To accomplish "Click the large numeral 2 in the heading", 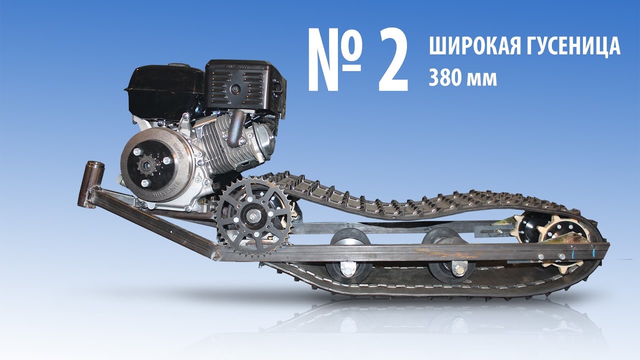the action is (393, 59).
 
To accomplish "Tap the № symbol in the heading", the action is (335, 59).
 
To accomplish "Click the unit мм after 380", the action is (481, 79).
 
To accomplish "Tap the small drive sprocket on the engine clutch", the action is (147, 164).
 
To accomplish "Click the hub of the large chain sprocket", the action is (252, 215).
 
